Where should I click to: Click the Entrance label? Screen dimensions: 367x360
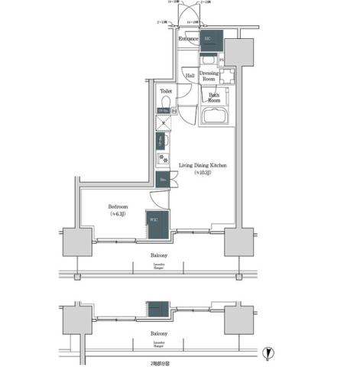pyautogui.click(x=188, y=38)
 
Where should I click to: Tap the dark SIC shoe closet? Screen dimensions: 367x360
pyautogui.click(x=211, y=41)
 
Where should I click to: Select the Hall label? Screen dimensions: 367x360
pyautogui.click(x=190, y=76)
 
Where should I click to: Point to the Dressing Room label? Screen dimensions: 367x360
pyautogui.click(x=211, y=76)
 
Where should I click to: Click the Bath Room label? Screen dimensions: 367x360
pyautogui.click(x=215, y=97)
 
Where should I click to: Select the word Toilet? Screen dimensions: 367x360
pyautogui.click(x=166, y=90)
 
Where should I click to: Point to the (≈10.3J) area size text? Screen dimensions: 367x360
pyautogui.click(x=203, y=174)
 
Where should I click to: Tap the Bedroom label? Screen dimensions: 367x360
pyautogui.click(x=118, y=206)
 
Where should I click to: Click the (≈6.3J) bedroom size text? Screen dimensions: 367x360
pyautogui.click(x=118, y=215)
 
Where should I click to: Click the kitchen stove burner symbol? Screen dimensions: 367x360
pyautogui.click(x=163, y=159)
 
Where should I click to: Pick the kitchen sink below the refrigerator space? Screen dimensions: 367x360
pyautogui.click(x=162, y=141)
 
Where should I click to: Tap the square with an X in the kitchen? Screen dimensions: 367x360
pyautogui.click(x=163, y=123)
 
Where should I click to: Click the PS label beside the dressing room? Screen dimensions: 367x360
pyautogui.click(x=222, y=60)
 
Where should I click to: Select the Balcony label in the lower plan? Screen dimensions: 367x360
pyautogui.click(x=159, y=334)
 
